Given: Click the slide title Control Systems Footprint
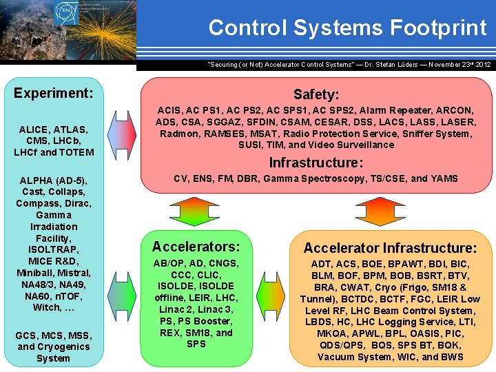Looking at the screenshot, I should (347, 28).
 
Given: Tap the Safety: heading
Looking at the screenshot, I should (316, 94).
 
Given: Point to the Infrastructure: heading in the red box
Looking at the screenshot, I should (316, 163).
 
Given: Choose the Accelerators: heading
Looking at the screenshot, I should (196, 247).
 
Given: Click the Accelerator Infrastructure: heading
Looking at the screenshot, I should (390, 248).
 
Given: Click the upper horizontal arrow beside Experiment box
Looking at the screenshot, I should (121, 127).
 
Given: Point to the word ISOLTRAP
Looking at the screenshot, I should (54, 249).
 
